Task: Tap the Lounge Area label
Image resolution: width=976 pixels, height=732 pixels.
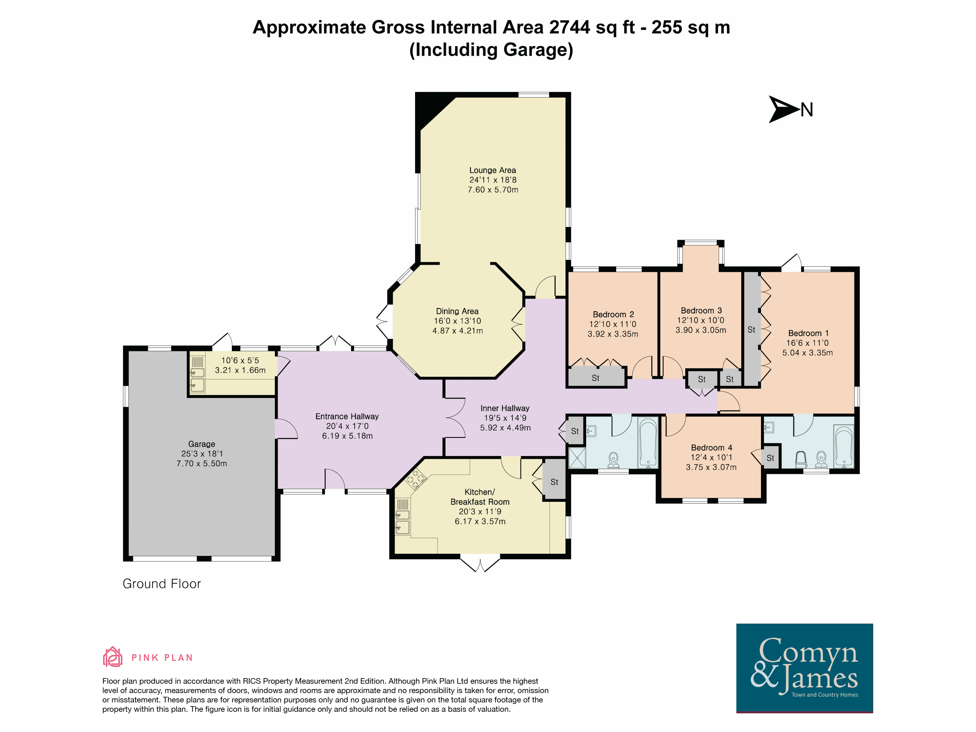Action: (492, 170)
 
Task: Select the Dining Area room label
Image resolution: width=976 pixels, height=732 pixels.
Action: (457, 311)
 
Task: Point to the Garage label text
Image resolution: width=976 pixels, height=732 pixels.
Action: (202, 444)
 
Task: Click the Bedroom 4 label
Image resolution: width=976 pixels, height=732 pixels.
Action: (711, 448)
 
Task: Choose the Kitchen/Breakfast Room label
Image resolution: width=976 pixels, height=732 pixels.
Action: (480, 497)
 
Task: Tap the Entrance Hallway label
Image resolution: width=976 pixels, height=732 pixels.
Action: (347, 416)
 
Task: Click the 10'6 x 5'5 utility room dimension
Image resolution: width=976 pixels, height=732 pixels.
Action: (240, 360)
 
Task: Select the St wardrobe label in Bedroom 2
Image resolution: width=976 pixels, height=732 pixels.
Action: (595, 378)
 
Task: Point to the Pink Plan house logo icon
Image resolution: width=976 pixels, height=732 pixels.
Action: (112, 657)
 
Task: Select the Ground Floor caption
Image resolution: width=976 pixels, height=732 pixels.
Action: (161, 584)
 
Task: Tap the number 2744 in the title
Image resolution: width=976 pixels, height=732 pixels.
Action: (570, 27)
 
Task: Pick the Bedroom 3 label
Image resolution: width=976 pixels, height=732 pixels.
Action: (701, 311)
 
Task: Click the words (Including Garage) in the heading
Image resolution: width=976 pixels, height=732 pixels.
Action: (491, 50)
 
